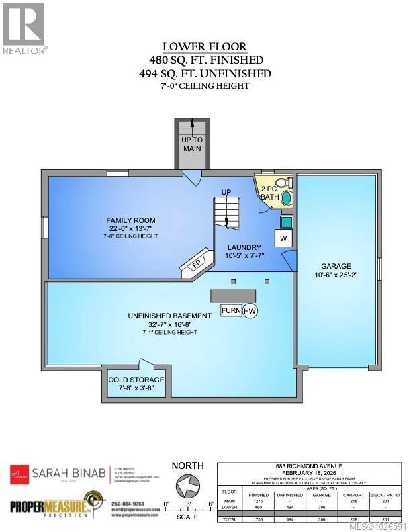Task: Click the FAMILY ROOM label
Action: tap(131, 220)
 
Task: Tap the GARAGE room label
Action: tap(336, 266)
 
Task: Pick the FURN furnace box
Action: tap(230, 311)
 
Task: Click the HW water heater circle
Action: tap(250, 311)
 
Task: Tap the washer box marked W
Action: tap(283, 238)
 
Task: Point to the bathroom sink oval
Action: tap(287, 198)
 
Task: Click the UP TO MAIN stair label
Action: tap(192, 144)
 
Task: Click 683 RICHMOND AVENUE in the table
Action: tap(314, 465)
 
